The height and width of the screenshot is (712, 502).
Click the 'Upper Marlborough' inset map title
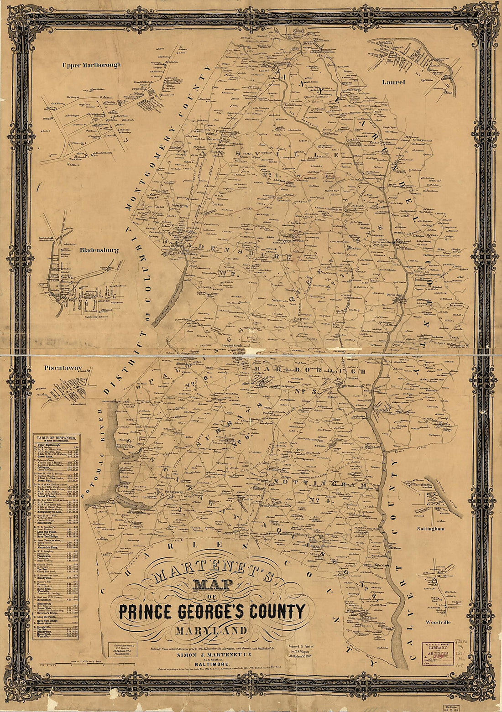click(92, 65)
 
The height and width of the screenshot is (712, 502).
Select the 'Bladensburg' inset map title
click(99, 250)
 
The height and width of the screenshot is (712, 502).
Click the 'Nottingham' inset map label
click(430, 528)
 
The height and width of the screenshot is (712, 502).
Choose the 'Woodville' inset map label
click(437, 622)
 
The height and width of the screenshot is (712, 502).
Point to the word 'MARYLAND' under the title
click(211, 631)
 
